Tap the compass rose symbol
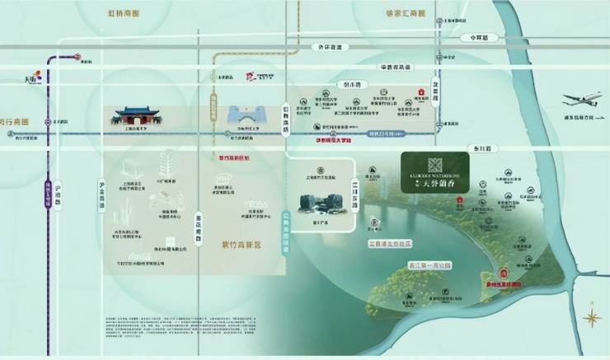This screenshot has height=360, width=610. pyautogui.click(x=591, y=317)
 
